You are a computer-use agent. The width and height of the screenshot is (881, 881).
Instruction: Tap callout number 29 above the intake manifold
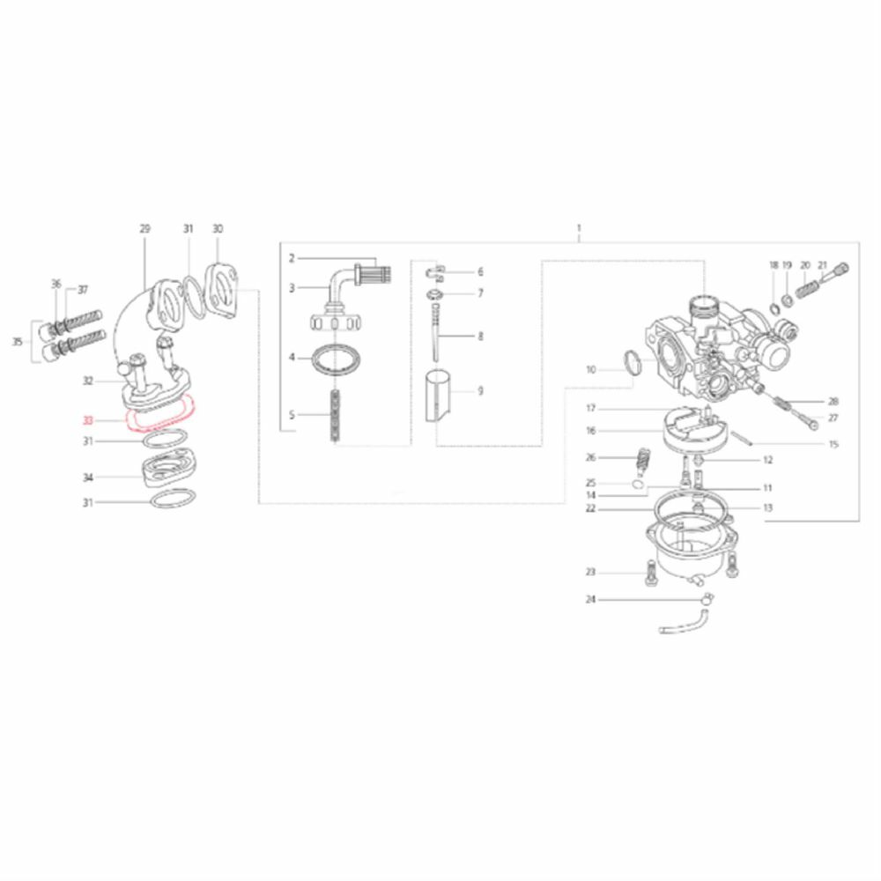(x=144, y=228)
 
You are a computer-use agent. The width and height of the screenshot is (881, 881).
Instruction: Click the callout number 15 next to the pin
(x=833, y=445)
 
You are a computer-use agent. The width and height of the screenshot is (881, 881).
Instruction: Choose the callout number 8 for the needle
(x=480, y=337)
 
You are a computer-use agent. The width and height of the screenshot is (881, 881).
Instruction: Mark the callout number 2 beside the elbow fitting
(x=291, y=258)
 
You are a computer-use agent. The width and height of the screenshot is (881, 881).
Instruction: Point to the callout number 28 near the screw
(x=833, y=401)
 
